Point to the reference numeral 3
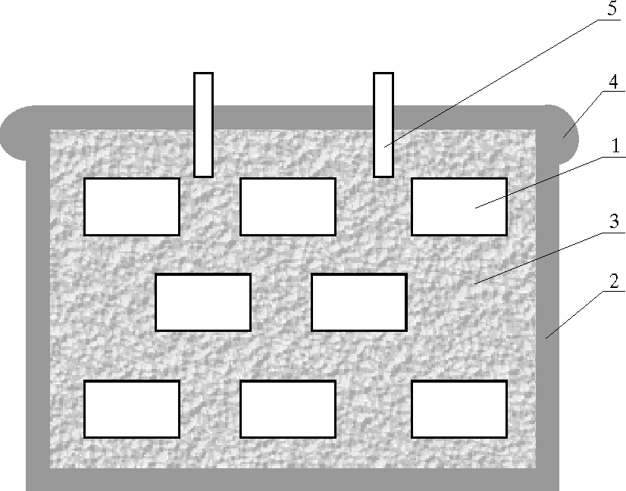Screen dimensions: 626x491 click(x=614, y=222)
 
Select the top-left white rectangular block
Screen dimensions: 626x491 click(x=132, y=206)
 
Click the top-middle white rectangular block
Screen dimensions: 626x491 click(x=288, y=206)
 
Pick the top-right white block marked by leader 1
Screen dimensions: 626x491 click(x=459, y=206)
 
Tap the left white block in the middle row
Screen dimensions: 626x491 click(x=203, y=302)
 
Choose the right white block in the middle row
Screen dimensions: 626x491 click(x=359, y=302)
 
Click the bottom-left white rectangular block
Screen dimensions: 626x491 click(x=132, y=409)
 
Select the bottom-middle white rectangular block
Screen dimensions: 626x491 click(x=288, y=409)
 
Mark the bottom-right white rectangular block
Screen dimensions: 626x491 click(x=459, y=409)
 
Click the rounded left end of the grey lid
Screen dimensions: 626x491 click(x=19, y=133)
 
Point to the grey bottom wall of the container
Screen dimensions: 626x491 click(x=293, y=480)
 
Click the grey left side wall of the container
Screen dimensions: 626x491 click(x=38, y=303)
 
